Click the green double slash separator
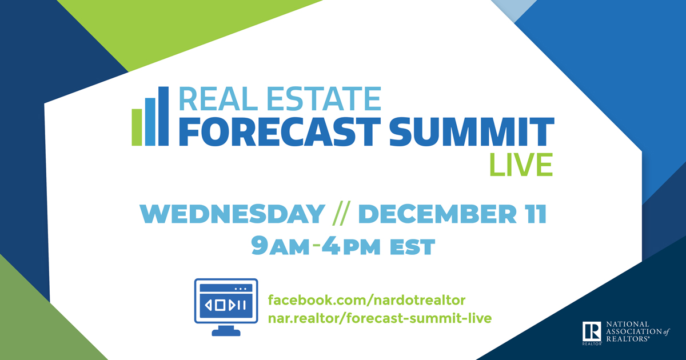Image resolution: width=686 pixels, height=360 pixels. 340,214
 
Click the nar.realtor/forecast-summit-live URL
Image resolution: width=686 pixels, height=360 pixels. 380,318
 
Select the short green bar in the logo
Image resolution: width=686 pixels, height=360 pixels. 137,126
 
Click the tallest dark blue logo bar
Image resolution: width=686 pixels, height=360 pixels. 163,116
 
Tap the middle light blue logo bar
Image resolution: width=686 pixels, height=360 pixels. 150,121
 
